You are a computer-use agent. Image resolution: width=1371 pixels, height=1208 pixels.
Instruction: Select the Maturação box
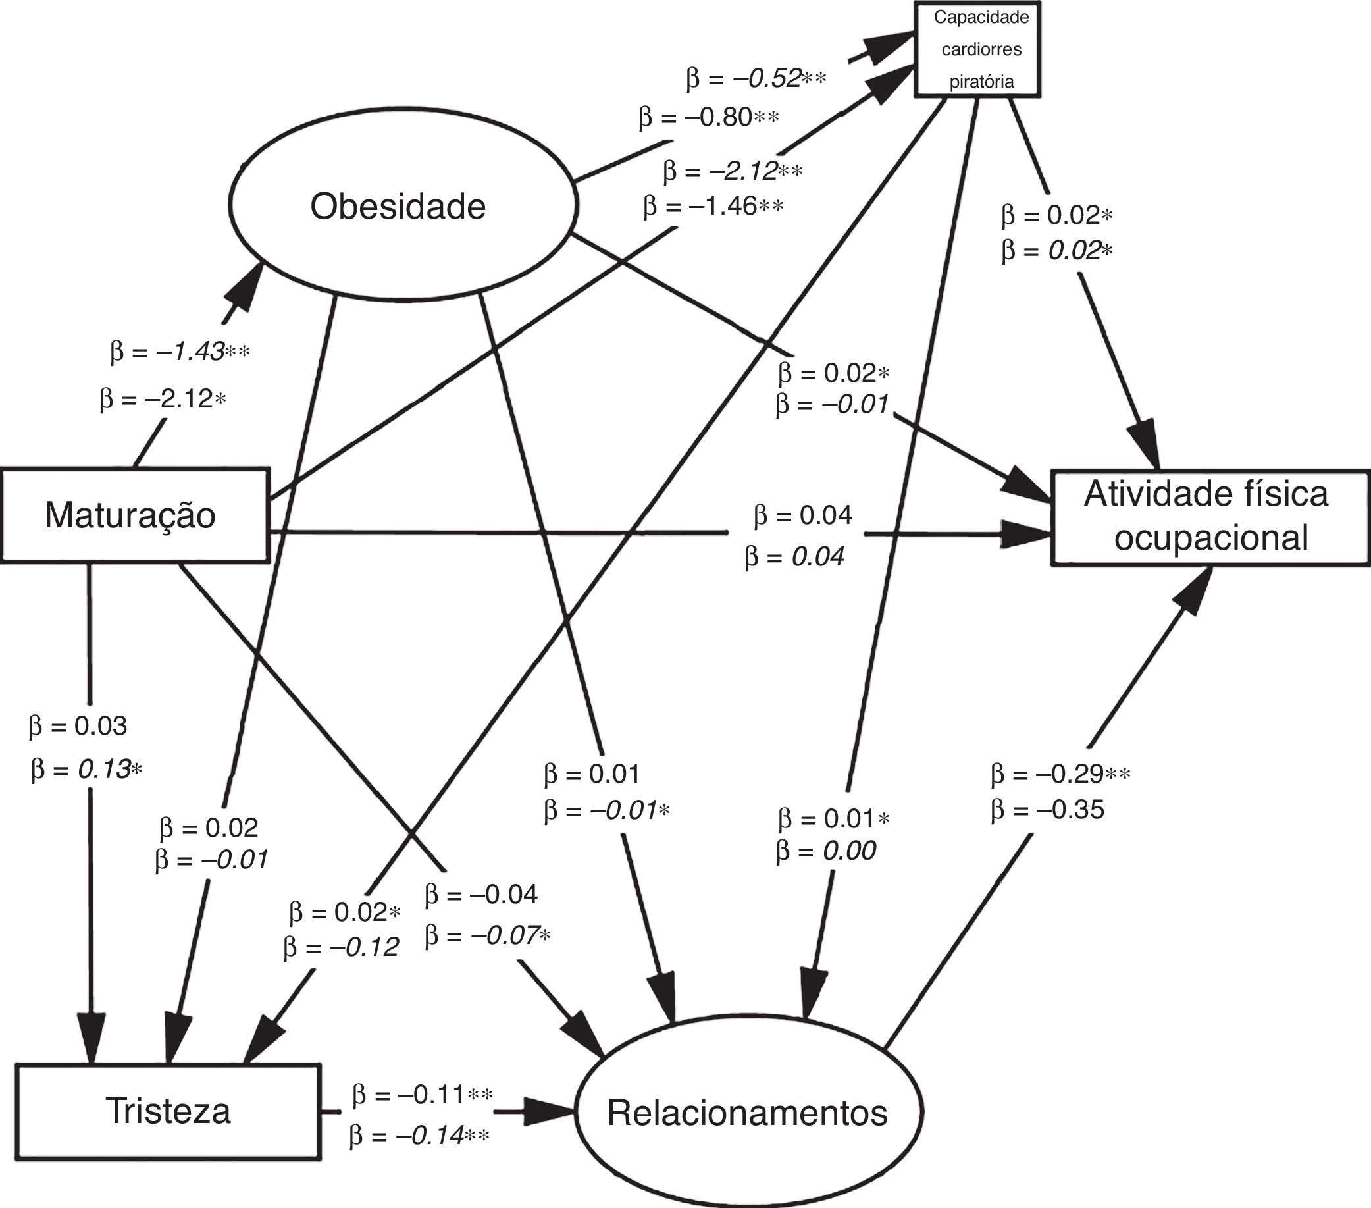134,515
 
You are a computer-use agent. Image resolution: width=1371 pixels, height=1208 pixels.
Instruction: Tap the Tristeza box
168,1111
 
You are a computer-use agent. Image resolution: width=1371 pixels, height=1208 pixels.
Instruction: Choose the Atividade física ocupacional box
1210,519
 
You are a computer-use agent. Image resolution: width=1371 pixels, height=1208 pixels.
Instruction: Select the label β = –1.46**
713,206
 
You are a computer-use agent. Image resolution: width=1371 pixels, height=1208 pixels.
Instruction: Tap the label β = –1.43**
180,352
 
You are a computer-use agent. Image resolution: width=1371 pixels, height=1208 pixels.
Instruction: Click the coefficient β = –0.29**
1060,775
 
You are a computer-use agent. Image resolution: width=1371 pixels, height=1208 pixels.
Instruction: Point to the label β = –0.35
1047,810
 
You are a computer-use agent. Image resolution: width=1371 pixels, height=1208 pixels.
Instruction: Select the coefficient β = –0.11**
423,1095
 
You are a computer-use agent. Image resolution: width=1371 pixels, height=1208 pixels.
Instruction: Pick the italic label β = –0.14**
419,1136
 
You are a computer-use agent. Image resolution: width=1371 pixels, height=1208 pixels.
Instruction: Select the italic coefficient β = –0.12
342,947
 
